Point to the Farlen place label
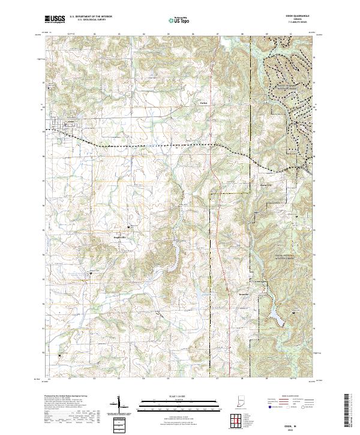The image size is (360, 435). pos(203,103)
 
